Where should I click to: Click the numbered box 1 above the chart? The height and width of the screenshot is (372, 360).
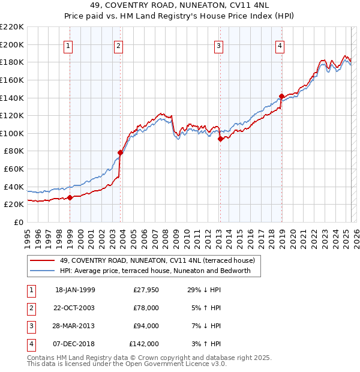tap(68, 46)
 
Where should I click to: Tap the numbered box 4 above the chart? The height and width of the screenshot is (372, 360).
tap(280, 46)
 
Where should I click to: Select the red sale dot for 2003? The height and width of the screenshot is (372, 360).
tap(120, 152)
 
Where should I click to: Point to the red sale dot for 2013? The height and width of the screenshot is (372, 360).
tap(220, 139)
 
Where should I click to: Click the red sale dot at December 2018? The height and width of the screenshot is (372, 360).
tap(281, 96)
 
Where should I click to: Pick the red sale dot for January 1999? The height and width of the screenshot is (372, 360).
tap(70, 197)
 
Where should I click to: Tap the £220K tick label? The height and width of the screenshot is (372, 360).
tap(11, 27)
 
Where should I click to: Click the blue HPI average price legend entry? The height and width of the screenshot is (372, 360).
tap(159, 271)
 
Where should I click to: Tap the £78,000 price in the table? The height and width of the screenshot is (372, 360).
tap(146, 308)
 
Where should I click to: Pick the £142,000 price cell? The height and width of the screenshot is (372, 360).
tap(144, 344)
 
